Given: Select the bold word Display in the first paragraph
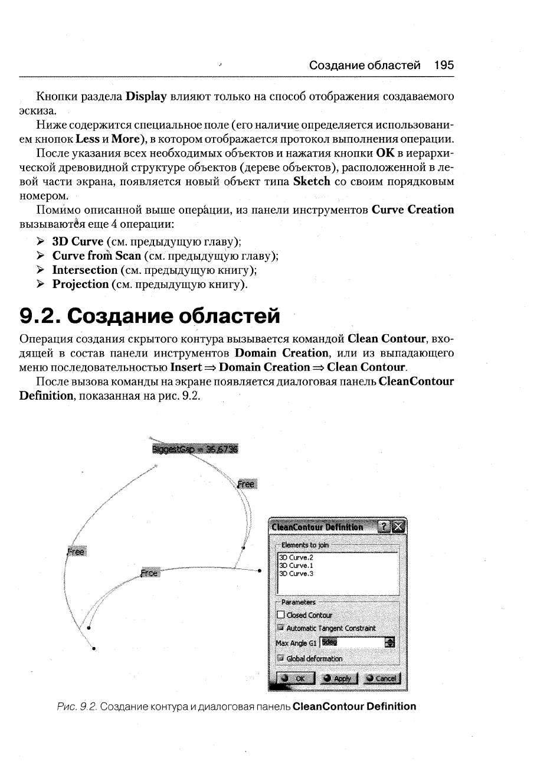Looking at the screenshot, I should [x=145, y=96].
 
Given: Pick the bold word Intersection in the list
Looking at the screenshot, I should [x=85, y=270].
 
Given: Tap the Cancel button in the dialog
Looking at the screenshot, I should [x=382, y=679].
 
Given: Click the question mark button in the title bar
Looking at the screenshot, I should [x=385, y=527].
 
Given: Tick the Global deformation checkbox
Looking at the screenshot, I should [x=280, y=658].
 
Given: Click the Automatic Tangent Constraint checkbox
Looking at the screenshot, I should [x=280, y=628].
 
